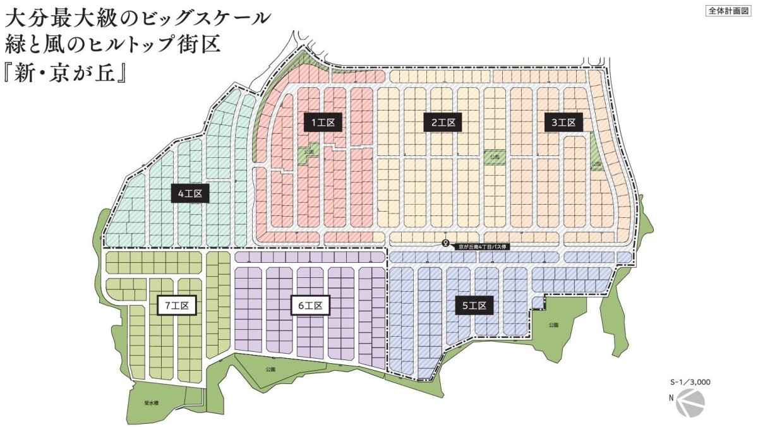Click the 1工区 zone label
[x=326, y=123]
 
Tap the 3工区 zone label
[x=563, y=123]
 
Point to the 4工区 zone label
[x=189, y=193]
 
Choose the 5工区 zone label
[x=474, y=306]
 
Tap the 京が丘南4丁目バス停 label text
[x=483, y=248]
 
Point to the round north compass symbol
[x=690, y=402]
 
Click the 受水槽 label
[x=151, y=402]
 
